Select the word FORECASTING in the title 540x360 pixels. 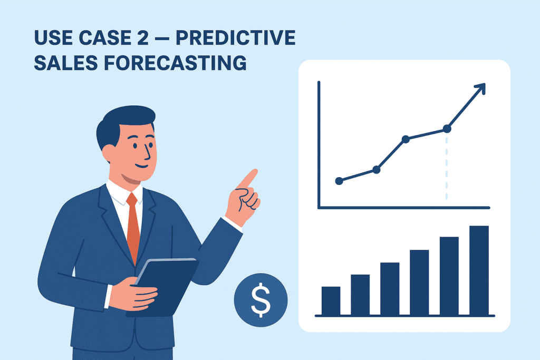[x=176, y=63]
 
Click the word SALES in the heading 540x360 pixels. [x=66, y=63]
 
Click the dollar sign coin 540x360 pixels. [x=261, y=299]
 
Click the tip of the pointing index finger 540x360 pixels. [x=255, y=172]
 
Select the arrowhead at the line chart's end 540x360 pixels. [x=479, y=89]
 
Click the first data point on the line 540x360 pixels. [x=339, y=181]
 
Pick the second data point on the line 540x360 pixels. [x=377, y=169]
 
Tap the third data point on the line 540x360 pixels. [x=406, y=139]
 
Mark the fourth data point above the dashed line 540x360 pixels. [x=447, y=128]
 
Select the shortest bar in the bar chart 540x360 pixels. [x=331, y=300]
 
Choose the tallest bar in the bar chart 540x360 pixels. [x=479, y=270]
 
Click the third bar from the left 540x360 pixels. [x=390, y=288]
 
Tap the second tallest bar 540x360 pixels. [x=449, y=276]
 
